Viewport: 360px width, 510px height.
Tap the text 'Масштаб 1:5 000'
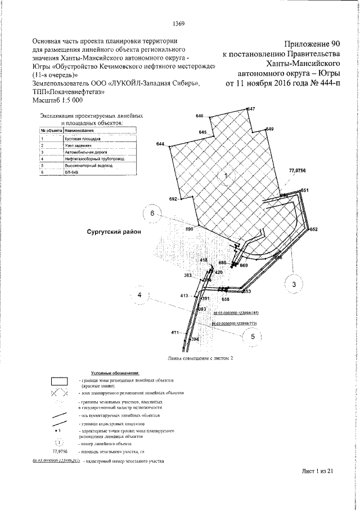click(x=57, y=100)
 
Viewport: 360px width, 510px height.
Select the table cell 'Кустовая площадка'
click(x=83, y=138)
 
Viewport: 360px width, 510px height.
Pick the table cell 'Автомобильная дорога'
click(x=85, y=152)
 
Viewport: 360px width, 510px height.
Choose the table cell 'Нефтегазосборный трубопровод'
click(x=93, y=159)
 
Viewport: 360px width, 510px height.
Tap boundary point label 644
click(x=161, y=145)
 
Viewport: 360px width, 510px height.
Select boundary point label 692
click(x=173, y=199)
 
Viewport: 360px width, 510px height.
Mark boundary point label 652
click(x=313, y=229)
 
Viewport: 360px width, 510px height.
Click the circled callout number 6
click(x=152, y=214)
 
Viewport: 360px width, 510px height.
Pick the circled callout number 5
click(x=253, y=336)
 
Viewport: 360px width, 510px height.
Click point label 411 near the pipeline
click(x=175, y=334)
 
